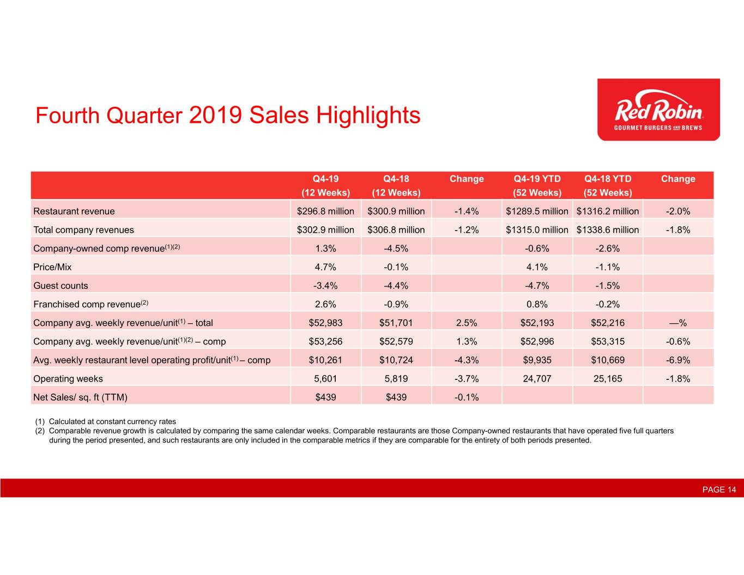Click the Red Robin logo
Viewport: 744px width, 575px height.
click(658, 109)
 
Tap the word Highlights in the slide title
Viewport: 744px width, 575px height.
click(368, 116)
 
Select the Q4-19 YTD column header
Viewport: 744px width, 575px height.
click(537, 185)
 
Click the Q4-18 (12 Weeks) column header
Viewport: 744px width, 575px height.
click(396, 185)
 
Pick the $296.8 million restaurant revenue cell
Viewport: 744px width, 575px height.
click(325, 211)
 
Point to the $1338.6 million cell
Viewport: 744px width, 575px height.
click(607, 229)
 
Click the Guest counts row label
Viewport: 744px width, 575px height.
click(61, 286)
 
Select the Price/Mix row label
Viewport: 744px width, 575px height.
click(52, 267)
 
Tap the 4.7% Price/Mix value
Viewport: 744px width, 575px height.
click(325, 267)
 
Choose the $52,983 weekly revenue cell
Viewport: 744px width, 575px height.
click(325, 323)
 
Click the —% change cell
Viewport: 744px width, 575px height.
click(678, 323)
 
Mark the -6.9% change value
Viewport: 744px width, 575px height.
click(678, 360)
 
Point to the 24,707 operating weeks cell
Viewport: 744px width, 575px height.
click(537, 379)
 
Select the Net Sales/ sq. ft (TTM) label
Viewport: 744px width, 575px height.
click(80, 397)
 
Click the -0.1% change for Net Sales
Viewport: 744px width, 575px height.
click(467, 397)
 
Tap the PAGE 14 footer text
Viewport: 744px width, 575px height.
click(719, 489)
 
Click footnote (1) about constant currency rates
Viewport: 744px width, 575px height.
click(105, 421)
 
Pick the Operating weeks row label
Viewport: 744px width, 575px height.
click(68, 379)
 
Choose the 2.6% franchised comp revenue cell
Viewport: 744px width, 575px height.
click(325, 304)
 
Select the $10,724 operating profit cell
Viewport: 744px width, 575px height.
click(396, 360)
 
